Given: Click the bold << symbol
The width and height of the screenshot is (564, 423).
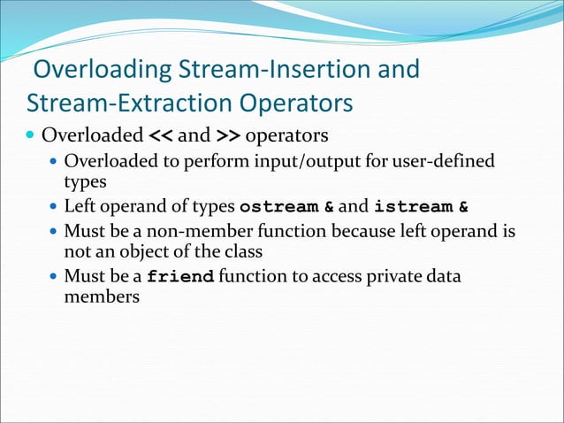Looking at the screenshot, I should tap(159, 137).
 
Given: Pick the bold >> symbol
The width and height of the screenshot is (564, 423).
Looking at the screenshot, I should tap(227, 137).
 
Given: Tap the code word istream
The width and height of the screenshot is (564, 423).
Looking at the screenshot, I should tap(411, 208).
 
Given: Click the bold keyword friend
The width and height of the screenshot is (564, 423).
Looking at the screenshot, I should tap(180, 277).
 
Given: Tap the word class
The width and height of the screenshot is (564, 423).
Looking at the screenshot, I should tap(243, 251).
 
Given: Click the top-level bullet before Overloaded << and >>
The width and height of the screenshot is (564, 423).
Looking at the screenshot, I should tap(31, 138).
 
